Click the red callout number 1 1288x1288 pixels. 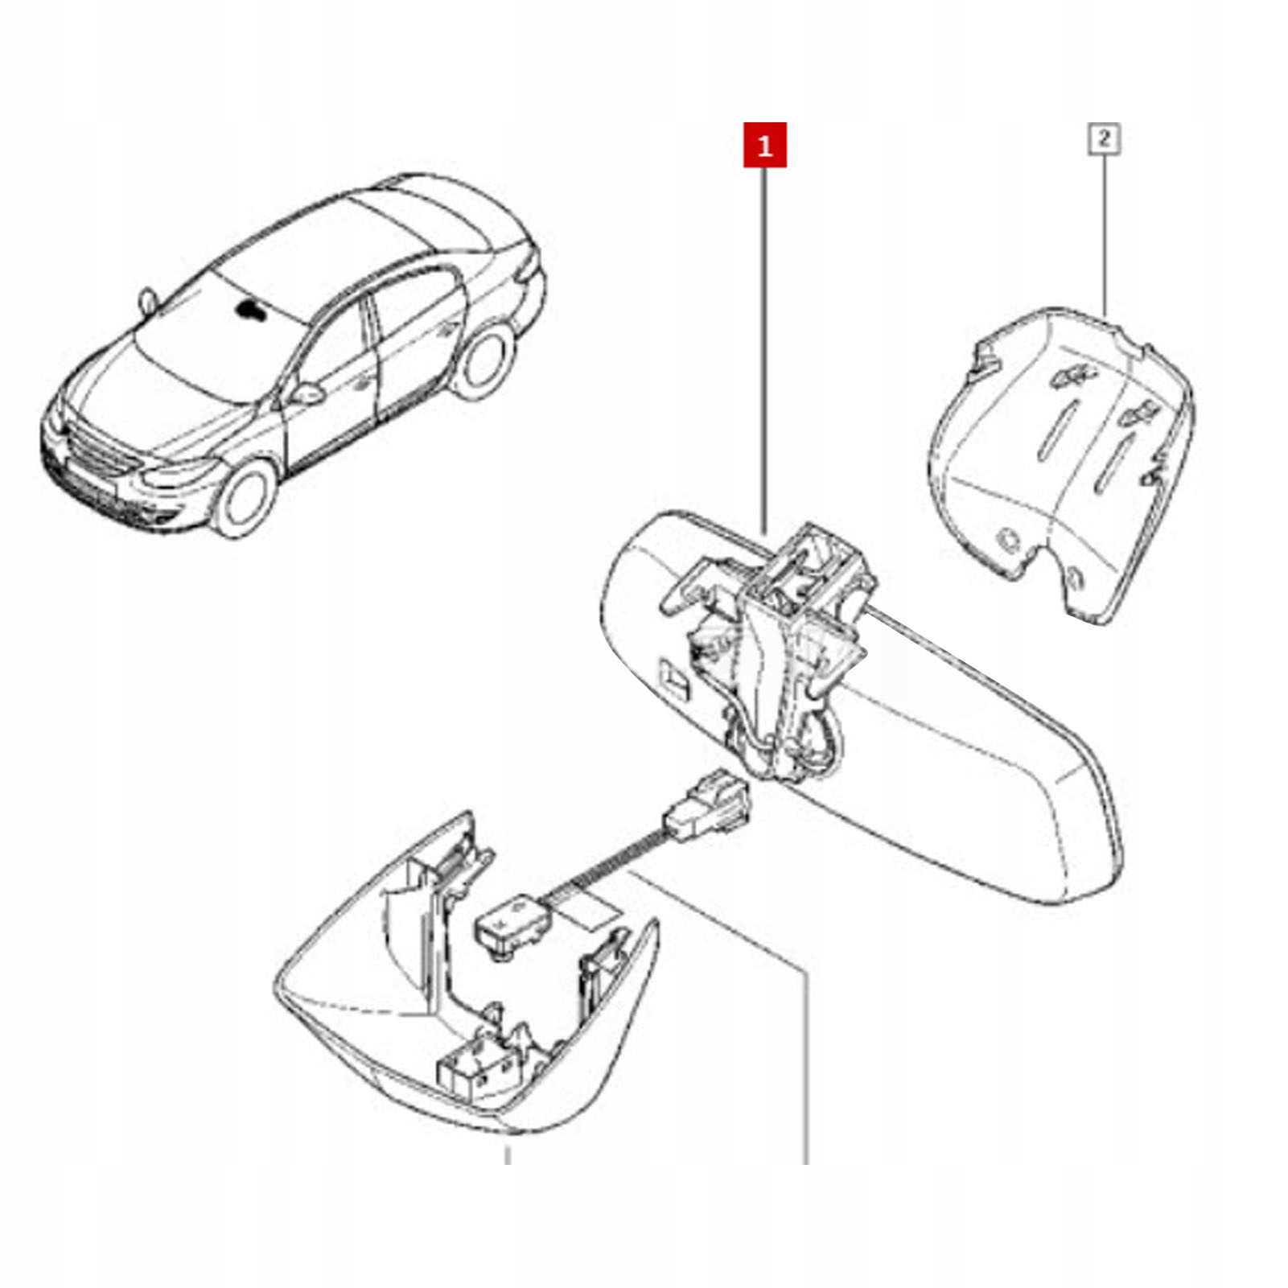point(764,146)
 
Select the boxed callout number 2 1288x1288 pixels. point(1104,138)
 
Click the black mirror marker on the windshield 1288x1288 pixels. point(252,310)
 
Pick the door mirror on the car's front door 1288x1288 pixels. point(307,393)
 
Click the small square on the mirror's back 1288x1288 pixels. point(674,677)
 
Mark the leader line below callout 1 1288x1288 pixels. point(764,346)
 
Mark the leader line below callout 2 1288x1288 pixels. point(1104,233)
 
